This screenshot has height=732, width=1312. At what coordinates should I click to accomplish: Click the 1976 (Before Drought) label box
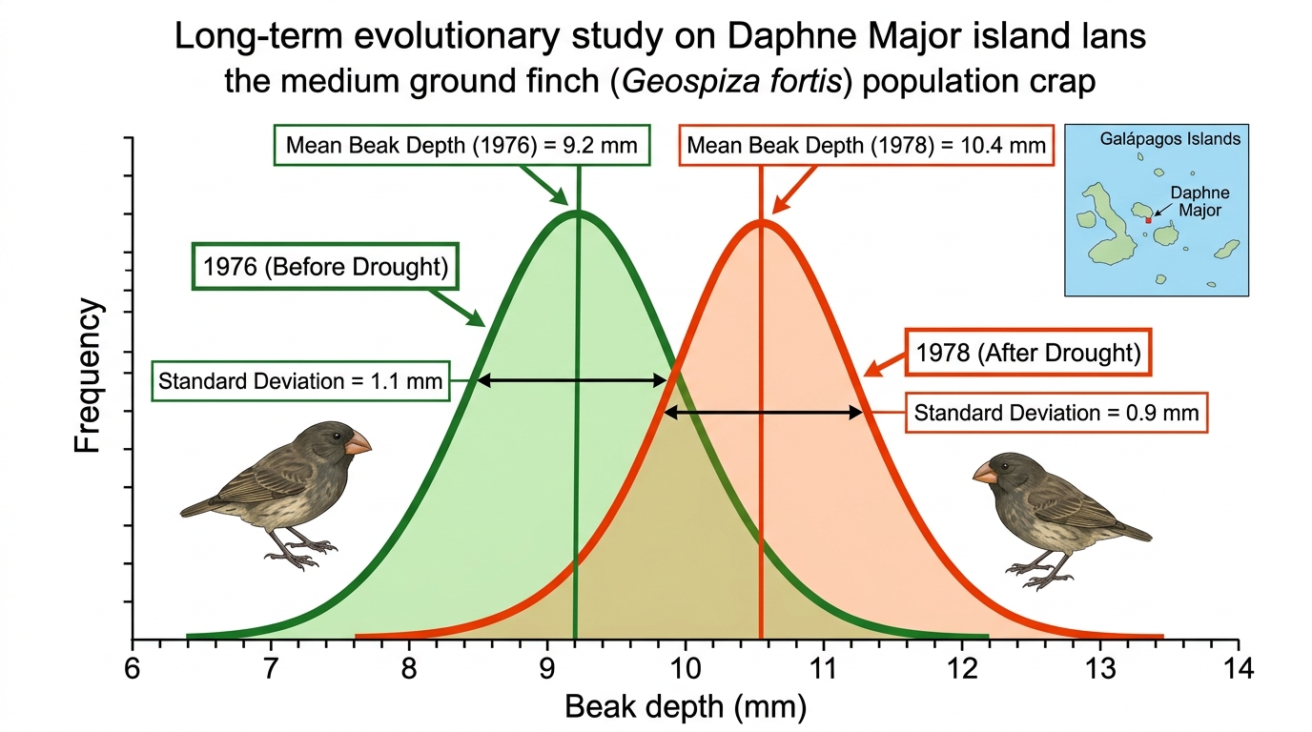click(325, 267)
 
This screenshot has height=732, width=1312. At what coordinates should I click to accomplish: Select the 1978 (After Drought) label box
click(1028, 352)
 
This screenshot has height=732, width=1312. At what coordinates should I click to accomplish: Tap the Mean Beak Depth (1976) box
click(461, 145)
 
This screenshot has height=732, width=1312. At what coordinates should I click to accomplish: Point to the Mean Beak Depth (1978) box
click(867, 145)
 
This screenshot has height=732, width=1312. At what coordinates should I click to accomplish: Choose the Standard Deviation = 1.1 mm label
click(300, 381)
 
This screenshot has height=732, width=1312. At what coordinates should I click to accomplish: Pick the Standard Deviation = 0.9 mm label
click(1056, 413)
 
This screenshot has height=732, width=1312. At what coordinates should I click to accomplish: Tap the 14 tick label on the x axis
click(1238, 668)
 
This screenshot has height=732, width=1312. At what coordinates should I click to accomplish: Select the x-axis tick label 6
click(133, 668)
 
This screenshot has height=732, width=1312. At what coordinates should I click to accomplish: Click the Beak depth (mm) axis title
click(686, 707)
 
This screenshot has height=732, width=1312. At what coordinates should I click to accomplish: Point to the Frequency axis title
click(88, 376)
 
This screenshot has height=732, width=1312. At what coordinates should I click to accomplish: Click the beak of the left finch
click(358, 442)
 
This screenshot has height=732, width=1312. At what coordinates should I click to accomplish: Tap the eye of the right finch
click(1005, 467)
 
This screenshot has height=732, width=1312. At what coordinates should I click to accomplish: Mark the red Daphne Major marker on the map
click(1148, 221)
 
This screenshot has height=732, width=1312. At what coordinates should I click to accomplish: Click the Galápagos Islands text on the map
click(1170, 139)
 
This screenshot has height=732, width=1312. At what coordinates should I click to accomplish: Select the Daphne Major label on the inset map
click(1199, 201)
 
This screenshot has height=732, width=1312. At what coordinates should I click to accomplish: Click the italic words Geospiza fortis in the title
click(731, 81)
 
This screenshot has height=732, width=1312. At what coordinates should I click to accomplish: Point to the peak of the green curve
click(578, 212)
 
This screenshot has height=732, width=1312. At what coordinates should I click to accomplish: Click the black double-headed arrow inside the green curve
click(572, 381)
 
